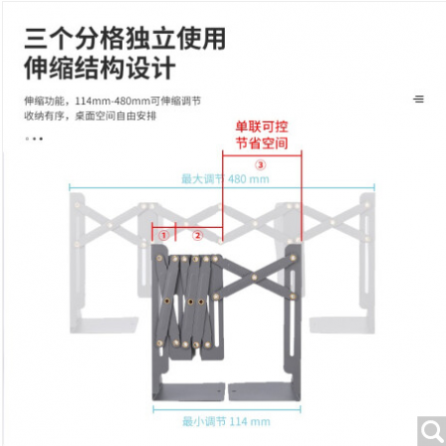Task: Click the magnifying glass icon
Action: click(x=432, y=431)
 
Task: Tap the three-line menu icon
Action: click(x=418, y=99)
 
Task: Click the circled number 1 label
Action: click(x=164, y=236)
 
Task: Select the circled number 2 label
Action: click(x=197, y=236)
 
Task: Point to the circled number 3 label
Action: click(x=261, y=165)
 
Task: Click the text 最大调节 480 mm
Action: click(x=225, y=179)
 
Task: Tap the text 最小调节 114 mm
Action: click(x=226, y=421)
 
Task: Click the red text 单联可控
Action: click(x=262, y=127)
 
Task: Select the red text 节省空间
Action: click(x=262, y=143)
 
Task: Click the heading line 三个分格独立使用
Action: click(x=125, y=39)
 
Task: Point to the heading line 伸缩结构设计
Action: click(x=99, y=68)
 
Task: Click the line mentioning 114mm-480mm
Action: click(x=112, y=101)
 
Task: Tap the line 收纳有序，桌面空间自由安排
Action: click(x=90, y=116)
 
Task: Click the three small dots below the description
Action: click(x=34, y=139)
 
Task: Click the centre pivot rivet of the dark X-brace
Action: click(x=254, y=278)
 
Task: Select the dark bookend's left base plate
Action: click(x=188, y=391)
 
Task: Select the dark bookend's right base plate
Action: click(x=265, y=391)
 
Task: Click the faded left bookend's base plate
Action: click(x=104, y=325)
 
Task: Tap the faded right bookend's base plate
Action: click(x=342, y=325)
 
